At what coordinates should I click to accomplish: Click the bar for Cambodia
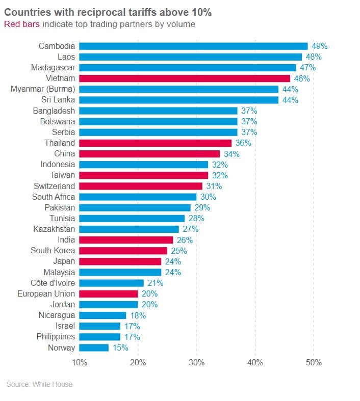pyautogui.click(x=194, y=46)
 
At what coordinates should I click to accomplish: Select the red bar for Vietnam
pyautogui.click(x=185, y=78)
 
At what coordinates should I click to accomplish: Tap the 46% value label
pyautogui.click(x=302, y=78)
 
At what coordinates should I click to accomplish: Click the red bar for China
pyautogui.click(x=149, y=154)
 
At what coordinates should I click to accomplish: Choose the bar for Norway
pyautogui.click(x=94, y=348)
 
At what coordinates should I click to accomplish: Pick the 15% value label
pyautogui.click(x=120, y=348)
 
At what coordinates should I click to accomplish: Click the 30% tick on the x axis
pyautogui.click(x=196, y=363)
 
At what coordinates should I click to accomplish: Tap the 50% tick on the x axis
pyautogui.click(x=314, y=363)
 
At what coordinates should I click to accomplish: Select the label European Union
pyautogui.click(x=46, y=294)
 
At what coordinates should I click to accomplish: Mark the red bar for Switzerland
pyautogui.click(x=141, y=186)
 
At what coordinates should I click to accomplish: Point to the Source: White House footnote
pyautogui.click(x=39, y=384)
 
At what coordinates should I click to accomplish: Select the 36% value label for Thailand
pyautogui.click(x=243, y=143)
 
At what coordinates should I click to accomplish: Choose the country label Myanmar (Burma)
pyautogui.click(x=43, y=89)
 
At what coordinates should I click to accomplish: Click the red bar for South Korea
pyautogui.click(x=123, y=251)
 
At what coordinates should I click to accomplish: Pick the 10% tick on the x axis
pyautogui.click(x=79, y=363)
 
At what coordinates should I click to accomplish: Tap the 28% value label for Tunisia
pyautogui.click(x=196, y=219)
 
